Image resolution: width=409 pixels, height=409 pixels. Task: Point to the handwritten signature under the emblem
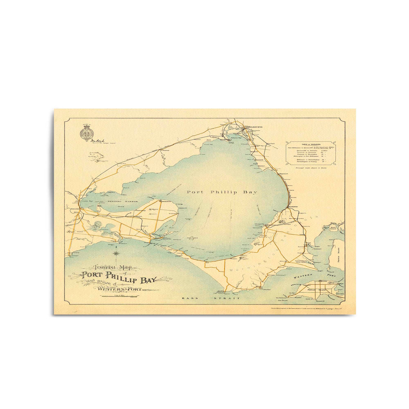point(91,140)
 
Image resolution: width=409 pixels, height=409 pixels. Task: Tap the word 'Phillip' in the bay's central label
point(221,192)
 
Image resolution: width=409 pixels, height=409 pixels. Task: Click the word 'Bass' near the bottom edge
point(187,298)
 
